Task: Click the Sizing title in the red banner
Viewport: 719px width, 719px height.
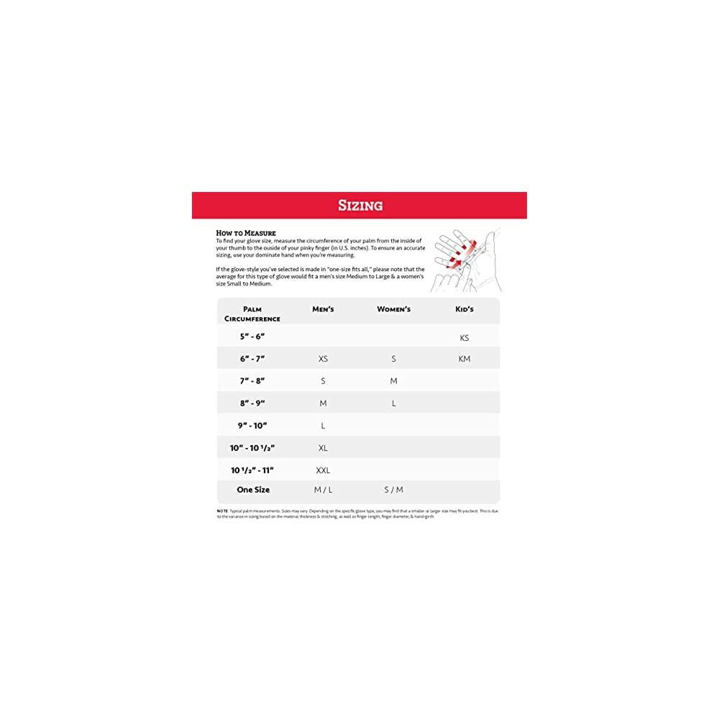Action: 360,206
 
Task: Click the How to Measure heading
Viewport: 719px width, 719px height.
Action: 246,233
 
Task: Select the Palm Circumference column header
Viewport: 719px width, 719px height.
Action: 252,313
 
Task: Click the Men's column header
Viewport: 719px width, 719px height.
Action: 323,309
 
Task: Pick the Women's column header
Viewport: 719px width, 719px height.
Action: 393,309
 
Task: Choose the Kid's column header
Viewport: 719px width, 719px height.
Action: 464,309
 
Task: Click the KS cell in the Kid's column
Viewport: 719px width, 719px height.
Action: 464,337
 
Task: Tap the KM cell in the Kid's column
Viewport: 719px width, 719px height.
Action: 464,359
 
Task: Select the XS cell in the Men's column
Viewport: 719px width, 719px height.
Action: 323,359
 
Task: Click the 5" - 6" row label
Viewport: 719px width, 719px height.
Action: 253,336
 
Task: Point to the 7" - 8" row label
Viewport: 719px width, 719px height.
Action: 253,381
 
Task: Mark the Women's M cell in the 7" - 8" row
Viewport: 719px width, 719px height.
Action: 393,381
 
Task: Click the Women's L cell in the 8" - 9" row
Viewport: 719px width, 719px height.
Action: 393,403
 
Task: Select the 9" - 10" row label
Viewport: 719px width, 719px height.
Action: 253,426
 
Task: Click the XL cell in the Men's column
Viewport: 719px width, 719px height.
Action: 323,448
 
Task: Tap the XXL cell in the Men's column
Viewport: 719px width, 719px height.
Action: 323,470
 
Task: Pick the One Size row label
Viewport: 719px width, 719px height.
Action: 253,490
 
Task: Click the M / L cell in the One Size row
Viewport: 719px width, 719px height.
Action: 323,490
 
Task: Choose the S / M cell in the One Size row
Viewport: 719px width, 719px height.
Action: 393,490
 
